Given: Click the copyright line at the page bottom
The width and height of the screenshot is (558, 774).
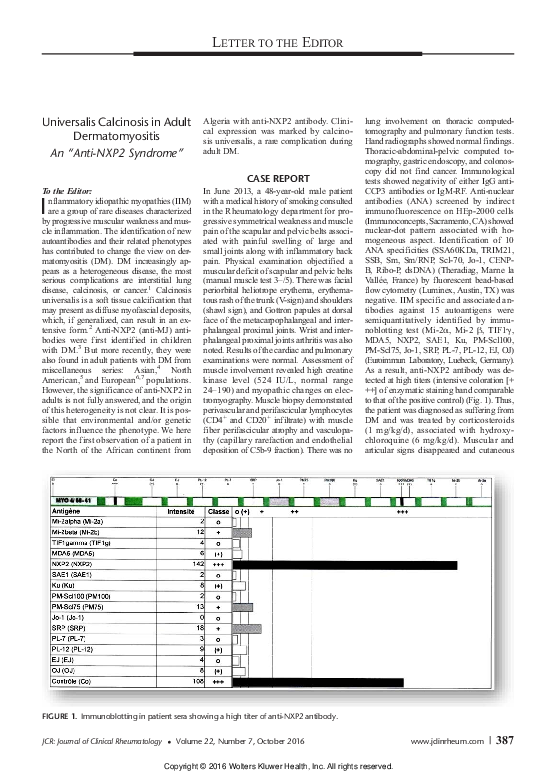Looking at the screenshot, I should [x=278, y=765].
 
